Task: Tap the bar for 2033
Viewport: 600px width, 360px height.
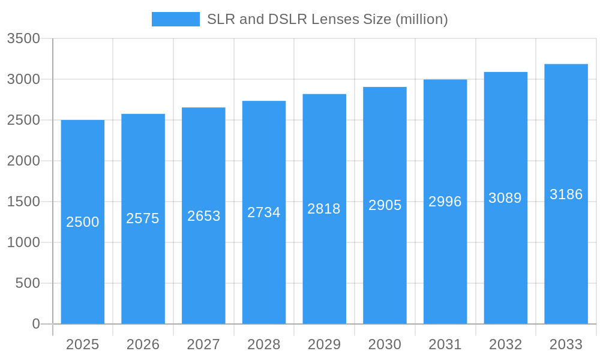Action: [566, 252]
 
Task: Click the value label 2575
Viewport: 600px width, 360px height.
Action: [143, 218]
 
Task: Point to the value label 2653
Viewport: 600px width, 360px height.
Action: [204, 216]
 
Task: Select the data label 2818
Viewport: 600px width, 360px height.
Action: [324, 209]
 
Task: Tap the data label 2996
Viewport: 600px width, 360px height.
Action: [445, 202]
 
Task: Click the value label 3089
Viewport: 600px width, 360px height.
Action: [505, 198]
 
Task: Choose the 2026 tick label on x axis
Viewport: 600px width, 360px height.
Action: [143, 344]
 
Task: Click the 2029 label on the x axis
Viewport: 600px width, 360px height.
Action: [324, 344]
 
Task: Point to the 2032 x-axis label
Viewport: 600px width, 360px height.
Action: [505, 344]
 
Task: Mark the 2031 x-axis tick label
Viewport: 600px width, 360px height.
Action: [445, 344]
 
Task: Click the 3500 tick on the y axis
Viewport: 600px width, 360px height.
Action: [23, 38]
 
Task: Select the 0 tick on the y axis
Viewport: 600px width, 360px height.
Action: [36, 324]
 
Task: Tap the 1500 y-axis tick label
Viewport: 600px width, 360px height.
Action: [23, 202]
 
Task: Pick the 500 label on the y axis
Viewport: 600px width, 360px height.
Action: [28, 283]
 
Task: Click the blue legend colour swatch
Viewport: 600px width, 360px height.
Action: [175, 19]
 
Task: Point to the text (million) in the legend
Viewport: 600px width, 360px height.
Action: [421, 19]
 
